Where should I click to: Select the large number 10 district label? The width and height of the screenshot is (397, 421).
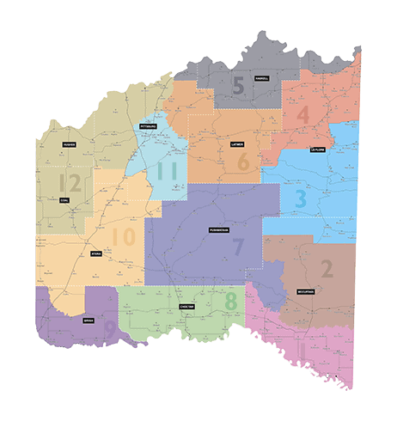(123, 235)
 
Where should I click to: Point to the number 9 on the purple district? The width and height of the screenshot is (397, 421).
(109, 328)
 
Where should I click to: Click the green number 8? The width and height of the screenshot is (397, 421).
(230, 302)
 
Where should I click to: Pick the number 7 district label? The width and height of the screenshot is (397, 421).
(238, 247)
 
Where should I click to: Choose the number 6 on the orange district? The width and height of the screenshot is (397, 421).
(243, 161)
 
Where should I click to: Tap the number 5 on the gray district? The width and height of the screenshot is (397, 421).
(239, 85)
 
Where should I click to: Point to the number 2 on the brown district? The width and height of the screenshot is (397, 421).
(327, 269)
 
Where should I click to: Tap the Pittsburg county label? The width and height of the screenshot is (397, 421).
(148, 125)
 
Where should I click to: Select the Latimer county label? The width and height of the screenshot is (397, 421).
(238, 143)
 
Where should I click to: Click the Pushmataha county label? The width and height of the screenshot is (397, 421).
(219, 230)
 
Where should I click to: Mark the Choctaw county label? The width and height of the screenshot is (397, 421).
(187, 306)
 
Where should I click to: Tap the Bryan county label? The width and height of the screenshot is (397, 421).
(88, 320)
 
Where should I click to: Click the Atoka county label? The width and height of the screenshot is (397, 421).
(95, 254)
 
